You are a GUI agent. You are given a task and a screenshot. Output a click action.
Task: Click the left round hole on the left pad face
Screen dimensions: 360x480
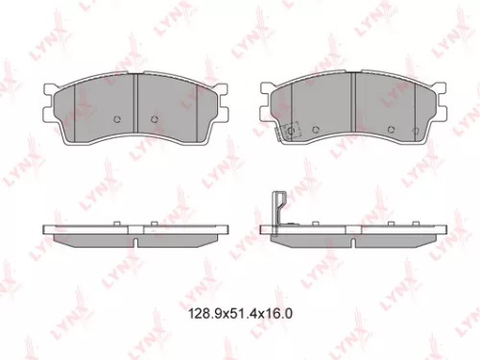[116, 119]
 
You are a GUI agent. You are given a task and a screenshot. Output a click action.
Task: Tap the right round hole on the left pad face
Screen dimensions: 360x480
[156, 119]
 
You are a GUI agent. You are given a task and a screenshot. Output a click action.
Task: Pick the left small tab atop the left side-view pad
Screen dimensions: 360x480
[116, 224]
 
